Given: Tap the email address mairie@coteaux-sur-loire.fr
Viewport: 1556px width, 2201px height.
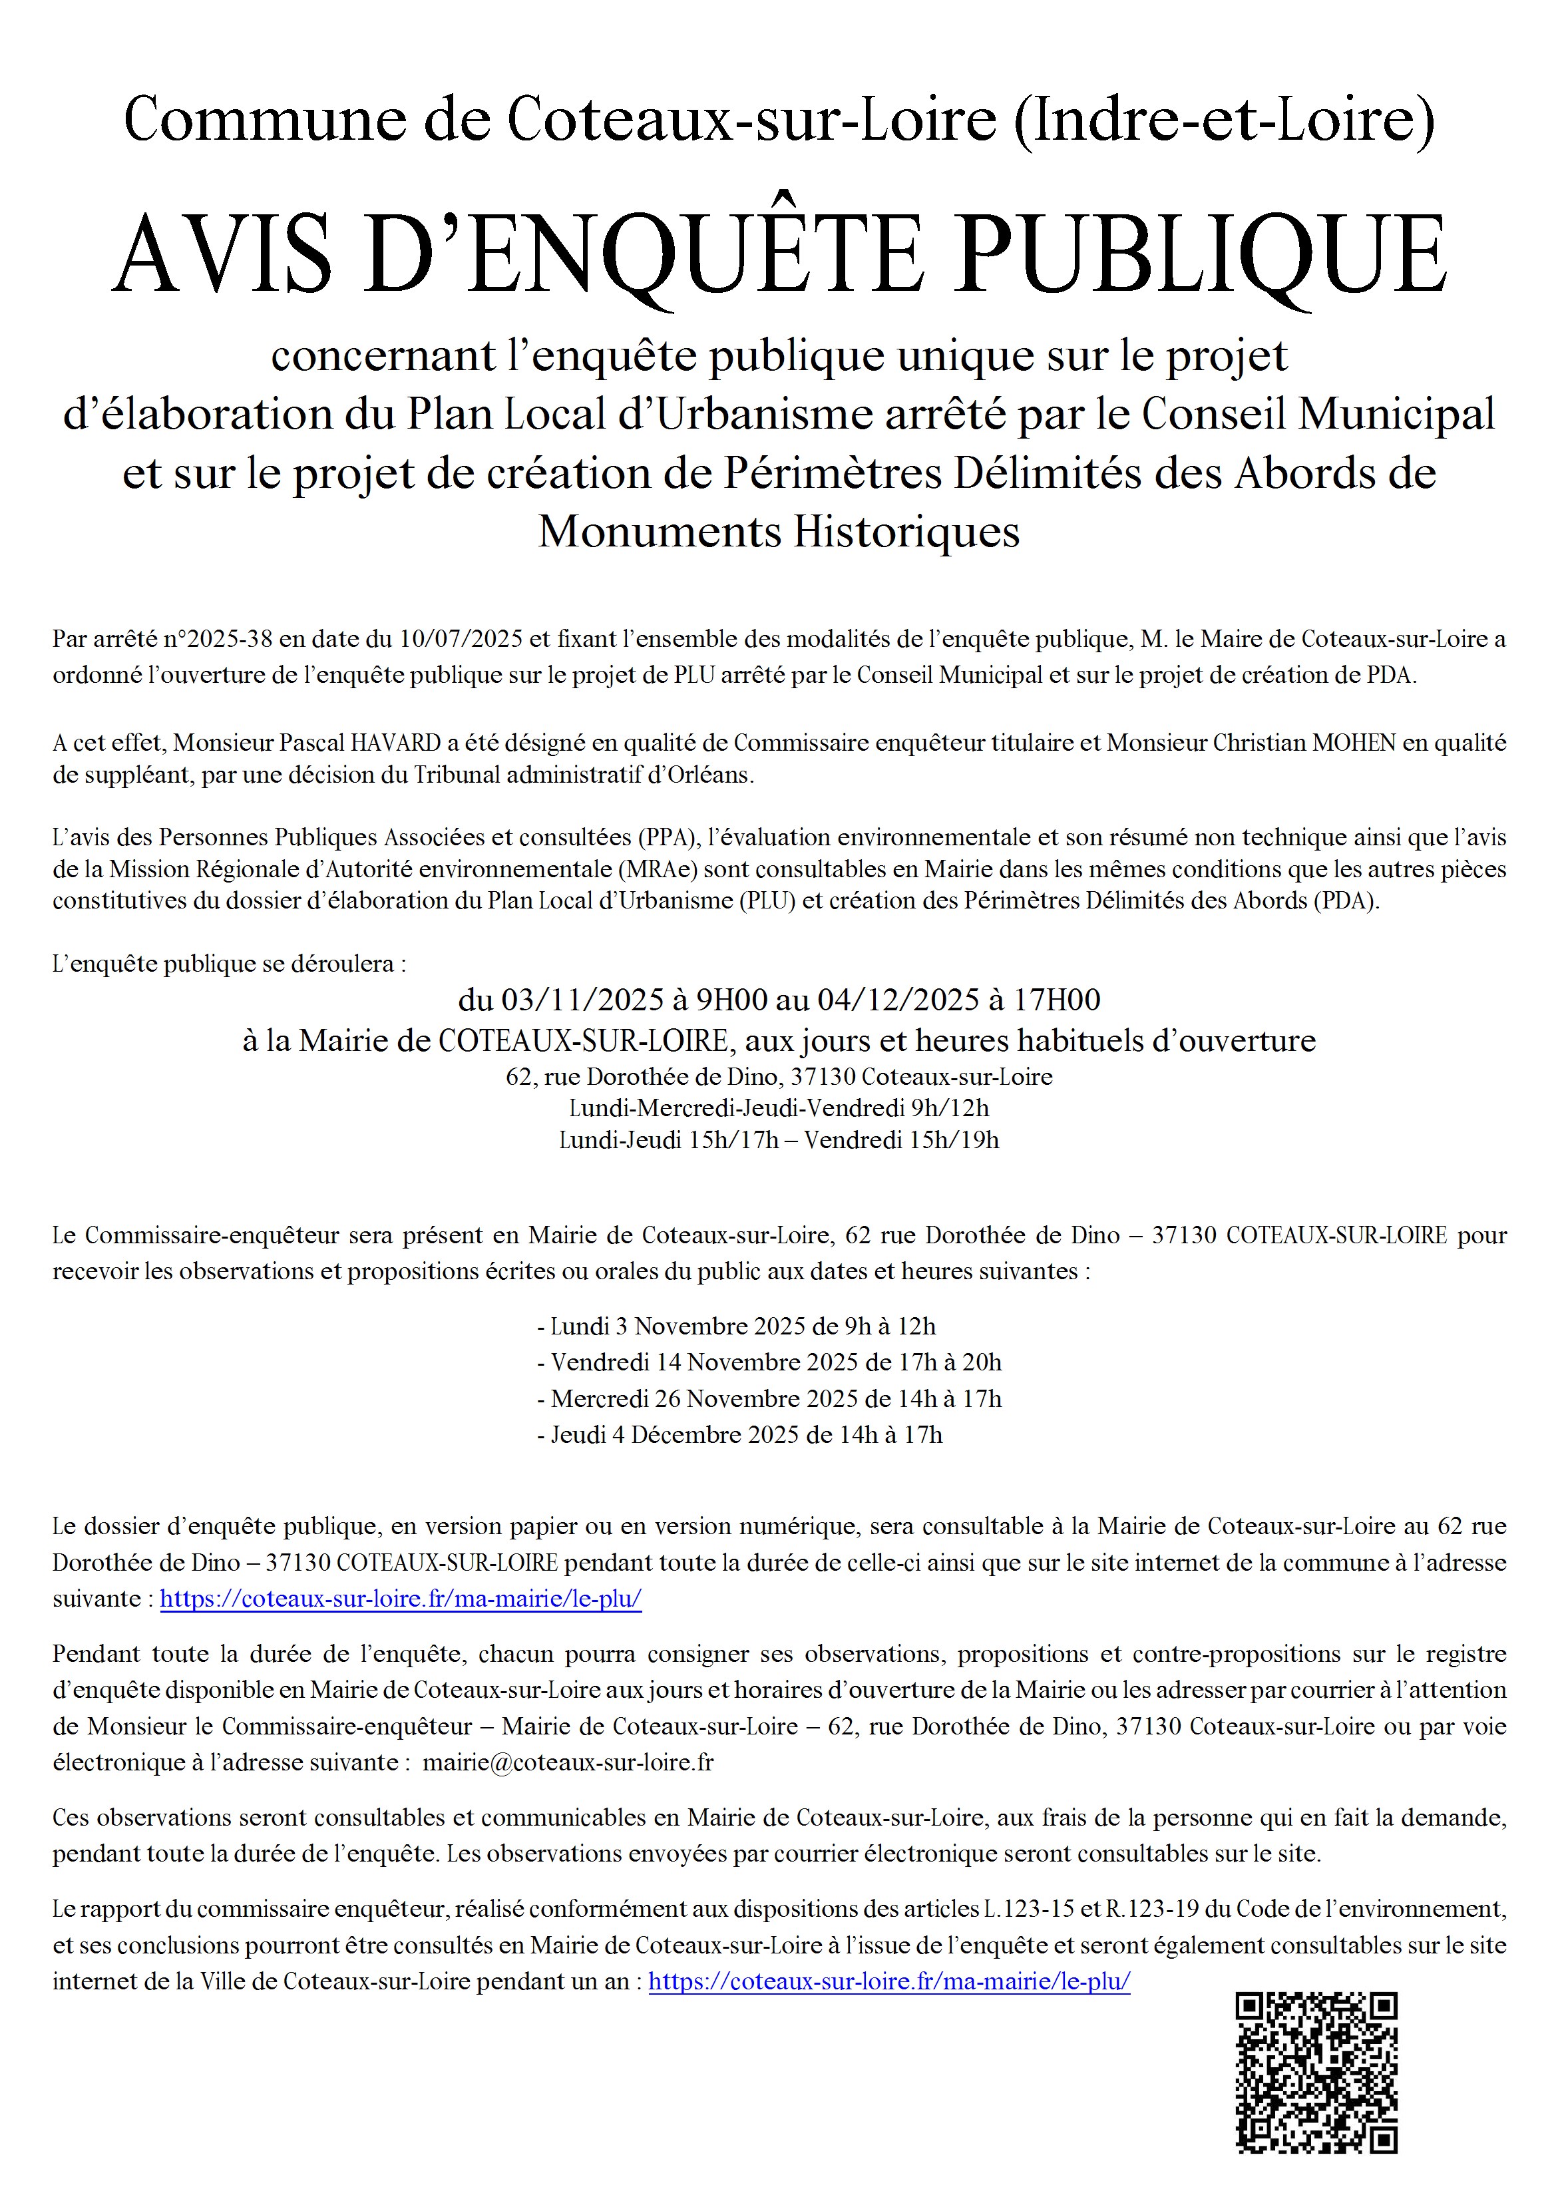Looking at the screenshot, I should point(568,1762).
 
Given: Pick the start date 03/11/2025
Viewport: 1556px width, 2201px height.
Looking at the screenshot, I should point(583,1000).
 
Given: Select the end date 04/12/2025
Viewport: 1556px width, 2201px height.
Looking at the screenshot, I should point(898,1000).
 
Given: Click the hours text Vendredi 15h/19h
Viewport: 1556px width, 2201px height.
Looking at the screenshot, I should point(901,1140).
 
